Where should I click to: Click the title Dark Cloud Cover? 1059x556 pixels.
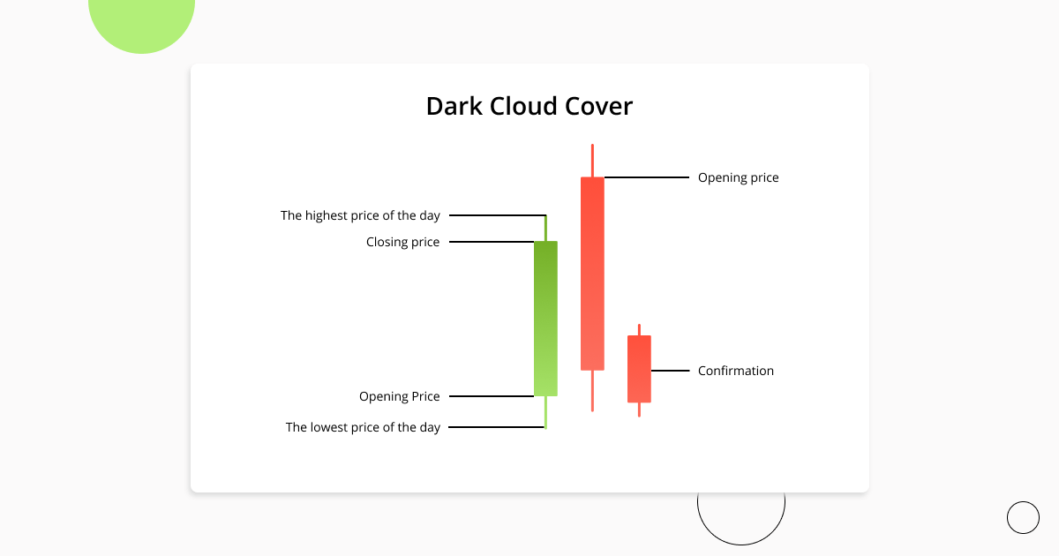[529, 107]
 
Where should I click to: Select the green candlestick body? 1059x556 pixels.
[545, 318]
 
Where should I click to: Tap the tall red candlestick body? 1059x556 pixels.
[592, 274]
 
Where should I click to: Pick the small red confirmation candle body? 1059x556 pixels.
[639, 369]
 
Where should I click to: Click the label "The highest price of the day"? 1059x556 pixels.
[360, 215]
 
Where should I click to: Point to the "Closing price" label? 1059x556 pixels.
[402, 242]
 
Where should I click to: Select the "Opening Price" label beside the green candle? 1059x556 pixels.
[399, 396]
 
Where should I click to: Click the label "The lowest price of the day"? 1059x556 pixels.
[363, 427]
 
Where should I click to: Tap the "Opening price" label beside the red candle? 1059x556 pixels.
[739, 177]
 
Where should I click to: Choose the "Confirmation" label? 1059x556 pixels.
[736, 371]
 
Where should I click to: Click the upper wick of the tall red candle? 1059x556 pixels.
[592, 161]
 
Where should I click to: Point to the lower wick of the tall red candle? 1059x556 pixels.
[592, 390]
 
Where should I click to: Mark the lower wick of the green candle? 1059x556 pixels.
[545, 412]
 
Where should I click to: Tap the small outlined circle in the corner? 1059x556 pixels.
[1023, 517]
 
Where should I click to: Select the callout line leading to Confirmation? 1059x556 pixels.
[670, 371]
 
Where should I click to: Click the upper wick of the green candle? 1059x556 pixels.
[545, 228]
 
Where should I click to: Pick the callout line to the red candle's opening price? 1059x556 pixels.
[646, 177]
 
